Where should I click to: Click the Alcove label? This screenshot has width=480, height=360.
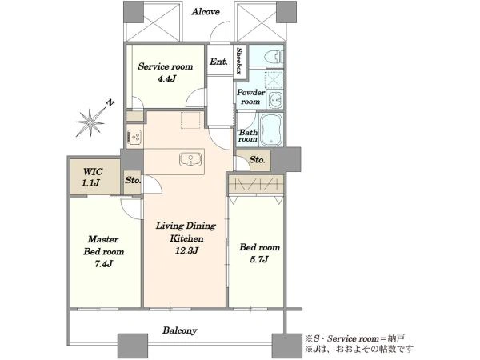tap(206, 12)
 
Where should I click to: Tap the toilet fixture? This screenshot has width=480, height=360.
tap(274, 57)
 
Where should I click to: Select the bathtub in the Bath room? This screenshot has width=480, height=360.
tap(270, 129)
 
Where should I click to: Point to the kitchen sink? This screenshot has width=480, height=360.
tap(190, 160)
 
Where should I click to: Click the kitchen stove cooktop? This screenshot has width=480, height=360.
tap(134, 137)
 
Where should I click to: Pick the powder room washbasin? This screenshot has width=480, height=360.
tap(275, 99)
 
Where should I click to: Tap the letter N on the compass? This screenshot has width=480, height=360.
tap(110, 102)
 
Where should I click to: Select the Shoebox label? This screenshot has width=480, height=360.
tap(239, 62)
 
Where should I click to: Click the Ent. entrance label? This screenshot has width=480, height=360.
tap(218, 62)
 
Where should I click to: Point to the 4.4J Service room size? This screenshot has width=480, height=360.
tap(166, 78)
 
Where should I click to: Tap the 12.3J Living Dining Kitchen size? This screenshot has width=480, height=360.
tap(186, 250)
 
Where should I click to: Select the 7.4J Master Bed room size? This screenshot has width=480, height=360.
tap(103, 263)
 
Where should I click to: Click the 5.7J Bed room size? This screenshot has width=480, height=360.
tap(259, 259)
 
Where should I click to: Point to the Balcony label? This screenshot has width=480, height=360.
tap(180, 330)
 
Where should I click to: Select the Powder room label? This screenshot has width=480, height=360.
tap(250, 97)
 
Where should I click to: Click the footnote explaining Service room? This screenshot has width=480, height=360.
tap(354, 339)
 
